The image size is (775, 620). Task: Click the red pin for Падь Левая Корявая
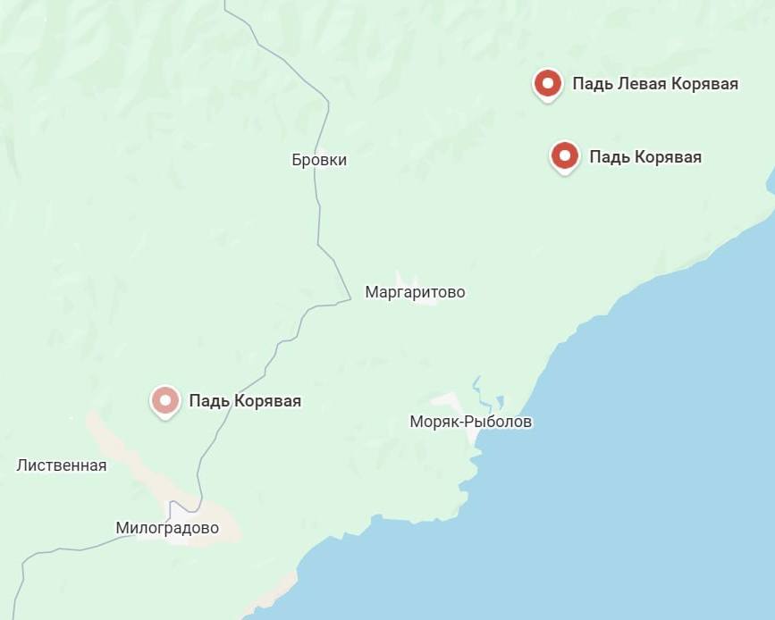[x=547, y=84]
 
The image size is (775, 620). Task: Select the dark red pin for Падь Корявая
[x=564, y=156]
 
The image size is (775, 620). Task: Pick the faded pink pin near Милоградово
[x=164, y=400]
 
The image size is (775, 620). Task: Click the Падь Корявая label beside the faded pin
[x=245, y=401]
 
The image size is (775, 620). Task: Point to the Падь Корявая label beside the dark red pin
[x=645, y=157]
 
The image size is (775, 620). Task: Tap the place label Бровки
[x=319, y=161]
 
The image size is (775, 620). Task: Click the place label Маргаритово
[x=415, y=292]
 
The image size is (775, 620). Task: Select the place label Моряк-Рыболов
[x=470, y=422]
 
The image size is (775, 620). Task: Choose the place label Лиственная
[x=62, y=465]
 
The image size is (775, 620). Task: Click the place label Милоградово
[x=167, y=528]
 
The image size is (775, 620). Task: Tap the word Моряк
[x=434, y=422]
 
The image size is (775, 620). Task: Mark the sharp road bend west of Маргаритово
[x=349, y=297]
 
